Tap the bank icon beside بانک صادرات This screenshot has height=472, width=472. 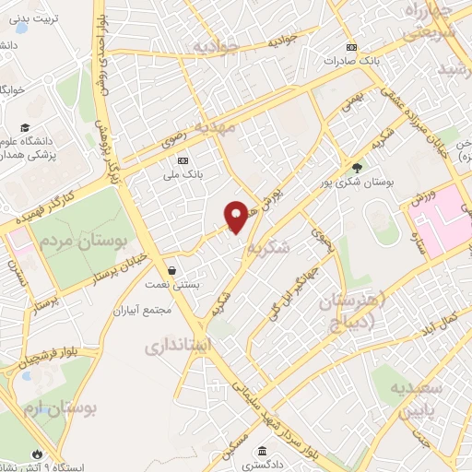point(350,47)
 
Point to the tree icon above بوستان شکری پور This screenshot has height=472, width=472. point(357,167)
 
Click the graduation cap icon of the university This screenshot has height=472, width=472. point(25,127)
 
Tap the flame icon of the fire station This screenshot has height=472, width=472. point(36,454)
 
